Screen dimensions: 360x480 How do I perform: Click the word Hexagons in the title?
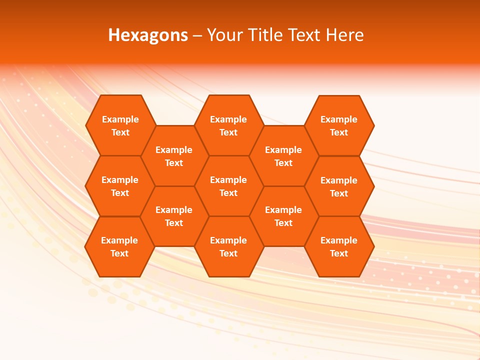[x=148, y=35]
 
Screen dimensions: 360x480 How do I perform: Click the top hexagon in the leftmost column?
[x=120, y=125]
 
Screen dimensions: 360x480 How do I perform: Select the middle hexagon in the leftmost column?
[x=120, y=186]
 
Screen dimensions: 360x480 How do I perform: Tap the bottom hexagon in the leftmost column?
[x=119, y=246]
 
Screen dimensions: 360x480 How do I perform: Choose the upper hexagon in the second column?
[x=174, y=156]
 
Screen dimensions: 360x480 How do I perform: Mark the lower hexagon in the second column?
[x=174, y=216]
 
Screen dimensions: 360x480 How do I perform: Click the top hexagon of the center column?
[x=228, y=125]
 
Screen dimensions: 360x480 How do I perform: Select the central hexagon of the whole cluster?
[x=228, y=186]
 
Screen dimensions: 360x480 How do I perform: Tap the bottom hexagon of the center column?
[x=228, y=246]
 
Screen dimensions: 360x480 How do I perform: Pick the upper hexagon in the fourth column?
[x=283, y=156]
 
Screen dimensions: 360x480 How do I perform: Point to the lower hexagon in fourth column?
[x=283, y=216]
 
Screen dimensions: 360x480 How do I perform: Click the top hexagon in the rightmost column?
[x=339, y=125]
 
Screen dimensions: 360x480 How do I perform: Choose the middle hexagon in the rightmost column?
[x=339, y=186]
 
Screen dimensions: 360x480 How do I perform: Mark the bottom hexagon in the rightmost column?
[x=339, y=246]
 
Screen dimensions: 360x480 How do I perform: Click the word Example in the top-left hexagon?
[x=120, y=119]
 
